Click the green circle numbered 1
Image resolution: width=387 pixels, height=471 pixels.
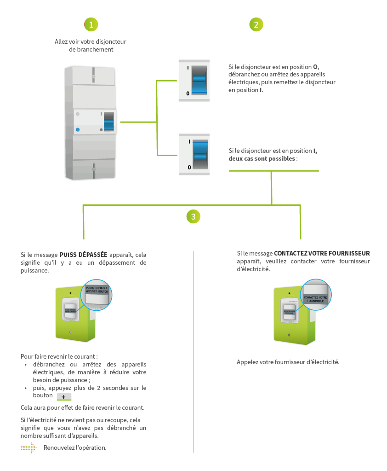[91, 25]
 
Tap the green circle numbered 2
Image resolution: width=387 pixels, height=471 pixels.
[256, 25]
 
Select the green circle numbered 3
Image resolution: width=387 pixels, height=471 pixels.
[193, 216]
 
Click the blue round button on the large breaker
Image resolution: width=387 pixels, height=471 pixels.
[78, 130]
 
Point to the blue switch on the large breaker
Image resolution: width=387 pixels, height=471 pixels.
[109, 122]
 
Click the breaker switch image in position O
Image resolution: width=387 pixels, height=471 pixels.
[194, 81]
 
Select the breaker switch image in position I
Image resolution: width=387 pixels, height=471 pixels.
[194, 155]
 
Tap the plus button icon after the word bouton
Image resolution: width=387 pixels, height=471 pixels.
[63, 397]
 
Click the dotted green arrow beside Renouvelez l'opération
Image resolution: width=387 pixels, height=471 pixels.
[28, 448]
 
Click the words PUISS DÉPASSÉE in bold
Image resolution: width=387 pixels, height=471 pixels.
[83, 254]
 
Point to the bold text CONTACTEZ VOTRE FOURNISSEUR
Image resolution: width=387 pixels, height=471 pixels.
[322, 254]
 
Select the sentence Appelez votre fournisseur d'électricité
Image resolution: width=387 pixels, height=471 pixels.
[288, 362]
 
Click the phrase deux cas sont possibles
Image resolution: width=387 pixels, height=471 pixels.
[262, 159]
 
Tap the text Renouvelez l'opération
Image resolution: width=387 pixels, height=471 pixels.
[75, 448]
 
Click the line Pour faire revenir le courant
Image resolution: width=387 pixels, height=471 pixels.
[59, 356]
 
